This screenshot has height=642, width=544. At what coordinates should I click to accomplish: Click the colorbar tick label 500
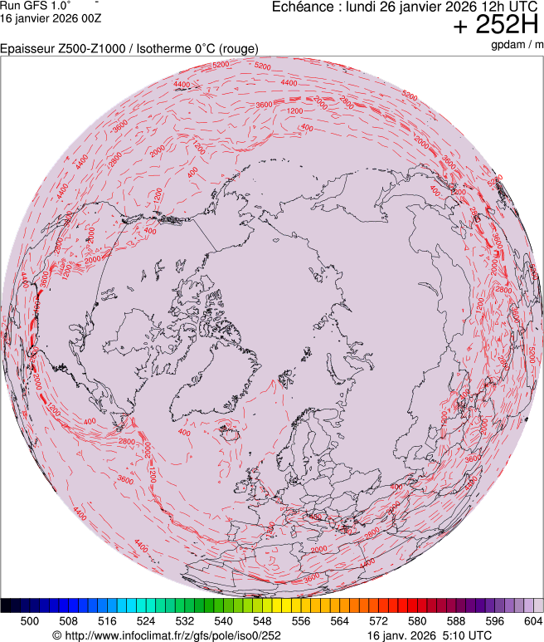tap(30, 620)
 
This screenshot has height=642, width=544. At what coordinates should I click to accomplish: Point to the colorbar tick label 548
tap(262, 620)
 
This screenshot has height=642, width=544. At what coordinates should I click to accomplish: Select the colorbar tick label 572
tap(378, 620)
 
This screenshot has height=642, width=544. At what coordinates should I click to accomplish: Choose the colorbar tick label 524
tap(146, 620)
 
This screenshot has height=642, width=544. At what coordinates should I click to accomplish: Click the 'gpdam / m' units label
tap(516, 44)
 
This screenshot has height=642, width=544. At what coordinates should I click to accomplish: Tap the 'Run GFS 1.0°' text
tap(35, 5)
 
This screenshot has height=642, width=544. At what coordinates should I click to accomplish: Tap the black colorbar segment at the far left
tap(6, 605)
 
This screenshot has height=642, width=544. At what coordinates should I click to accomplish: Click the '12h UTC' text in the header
tap(508, 7)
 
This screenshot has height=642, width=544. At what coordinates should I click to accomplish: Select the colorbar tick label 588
tap(456, 620)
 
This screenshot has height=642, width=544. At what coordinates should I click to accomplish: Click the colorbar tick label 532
tap(185, 620)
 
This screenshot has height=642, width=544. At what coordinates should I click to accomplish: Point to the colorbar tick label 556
tap(301, 620)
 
